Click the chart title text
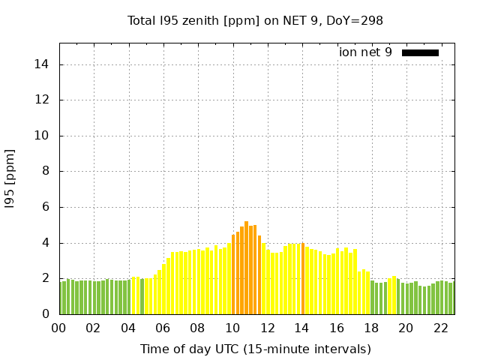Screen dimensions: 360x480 point(255,21)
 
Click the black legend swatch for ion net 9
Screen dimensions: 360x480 point(420,52)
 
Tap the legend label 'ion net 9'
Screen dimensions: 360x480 point(365,52)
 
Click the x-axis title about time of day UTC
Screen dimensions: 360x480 point(255,349)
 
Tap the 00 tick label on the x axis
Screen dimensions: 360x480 point(58,328)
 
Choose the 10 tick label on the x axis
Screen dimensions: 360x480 point(232,328)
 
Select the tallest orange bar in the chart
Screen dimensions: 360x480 point(246,268)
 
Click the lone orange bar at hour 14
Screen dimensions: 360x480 point(303,278)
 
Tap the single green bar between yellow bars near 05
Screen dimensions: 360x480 point(142,296)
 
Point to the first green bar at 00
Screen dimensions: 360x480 point(61,298)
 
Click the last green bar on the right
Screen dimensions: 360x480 point(451,298)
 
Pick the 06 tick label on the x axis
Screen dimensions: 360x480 point(163,328)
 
